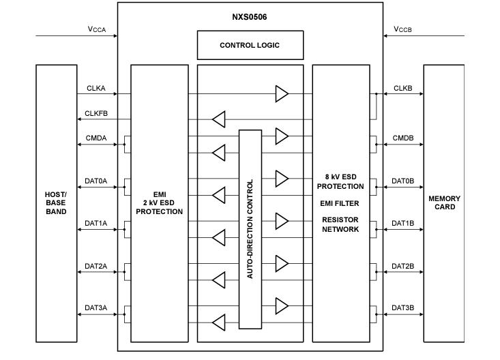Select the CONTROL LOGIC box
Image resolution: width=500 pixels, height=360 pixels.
[250, 46]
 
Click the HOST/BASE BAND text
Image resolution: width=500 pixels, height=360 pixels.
[55, 202]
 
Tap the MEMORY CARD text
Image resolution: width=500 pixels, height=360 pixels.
[444, 202]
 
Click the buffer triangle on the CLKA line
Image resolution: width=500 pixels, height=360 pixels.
[282, 94]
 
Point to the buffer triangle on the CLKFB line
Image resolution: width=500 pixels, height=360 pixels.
[218, 119]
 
